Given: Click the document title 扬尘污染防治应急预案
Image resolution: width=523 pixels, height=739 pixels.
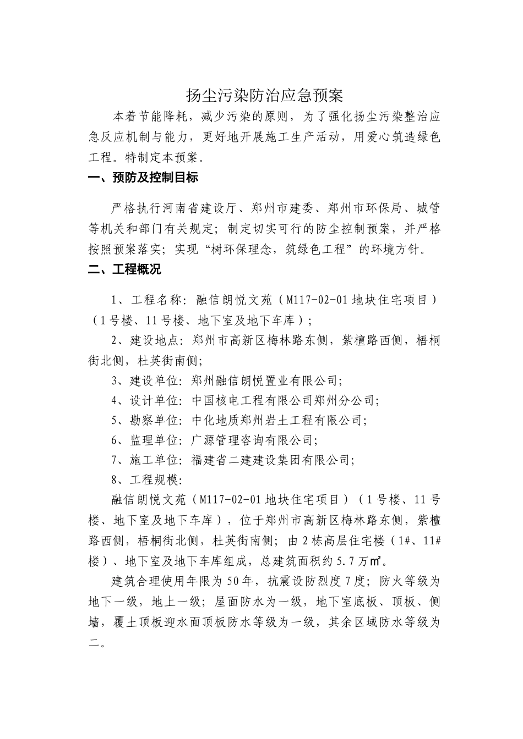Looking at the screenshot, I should (264, 96).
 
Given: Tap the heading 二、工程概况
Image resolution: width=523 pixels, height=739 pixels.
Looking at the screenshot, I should (125, 269).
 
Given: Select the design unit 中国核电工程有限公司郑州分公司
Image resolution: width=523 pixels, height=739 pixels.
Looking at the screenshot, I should (283, 400).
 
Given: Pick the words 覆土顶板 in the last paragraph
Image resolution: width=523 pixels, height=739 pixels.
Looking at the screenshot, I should (129, 622).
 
